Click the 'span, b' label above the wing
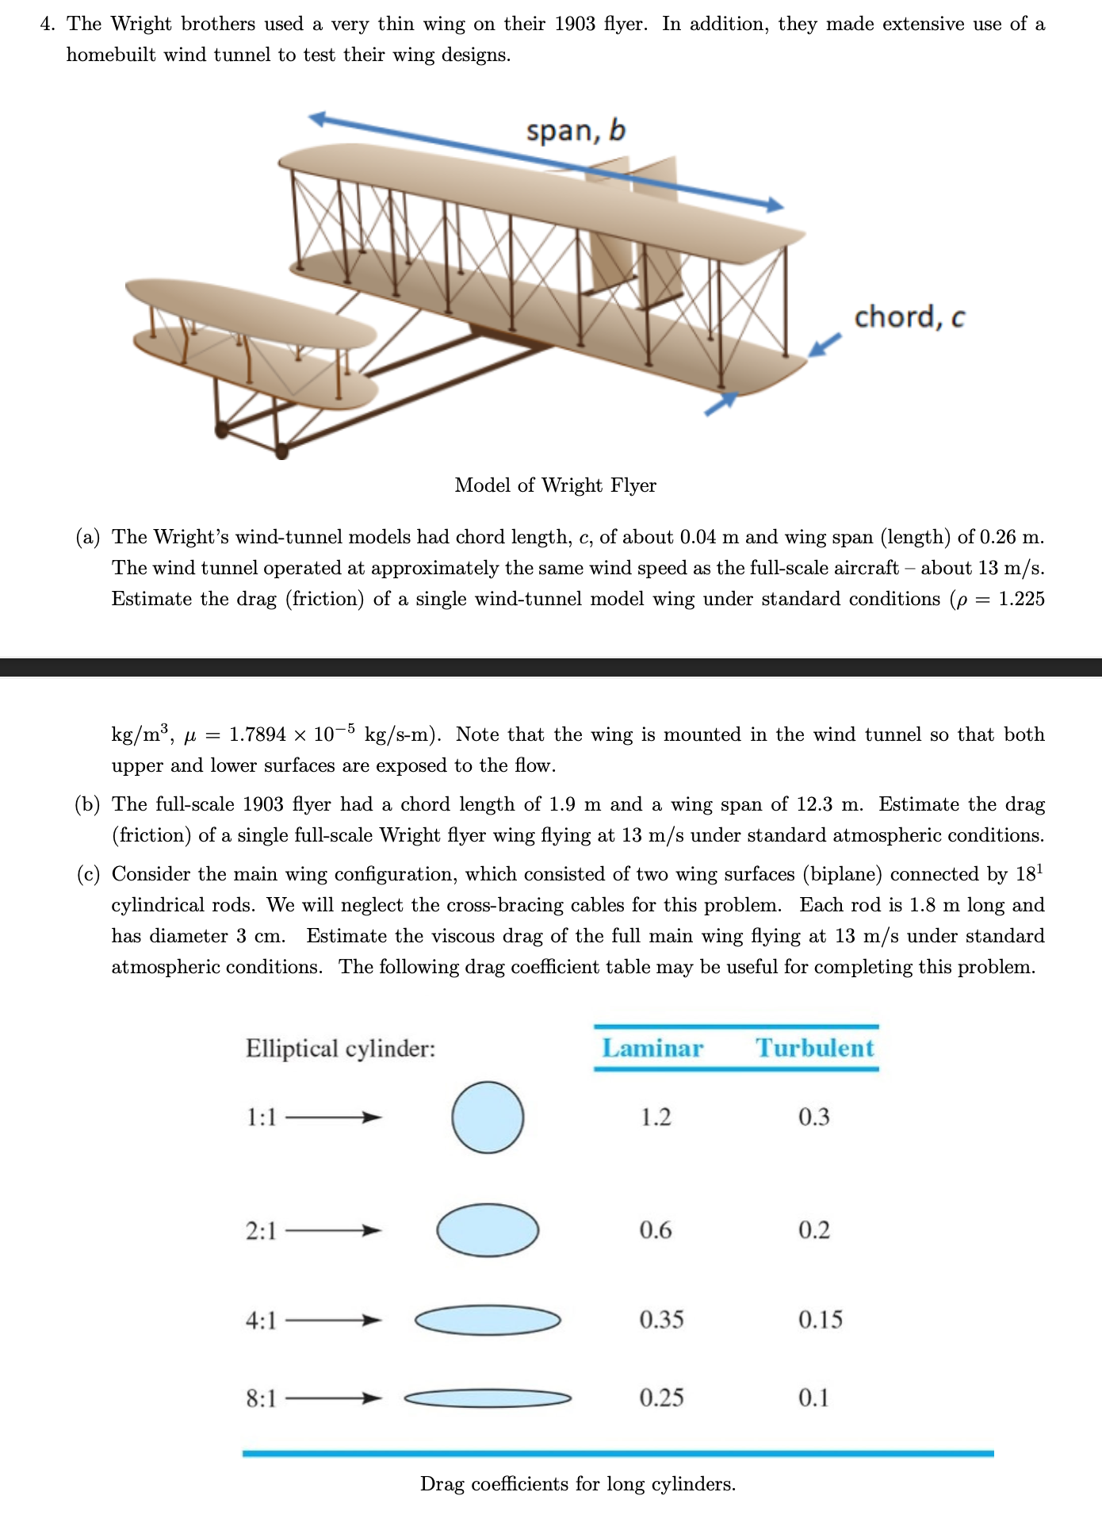[576, 131]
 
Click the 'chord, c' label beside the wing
[909, 317]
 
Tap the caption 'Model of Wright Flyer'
[555, 485]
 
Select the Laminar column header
[652, 1048]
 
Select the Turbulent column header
[814, 1048]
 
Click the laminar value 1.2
[656, 1117]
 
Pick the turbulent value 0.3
[813, 1117]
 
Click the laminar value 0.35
[661, 1319]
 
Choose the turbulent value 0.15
[820, 1319]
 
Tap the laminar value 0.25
[661, 1397]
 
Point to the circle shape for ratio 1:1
[488, 1117]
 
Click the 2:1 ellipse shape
[488, 1230]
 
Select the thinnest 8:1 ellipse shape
[488, 1398]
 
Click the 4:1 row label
[261, 1320]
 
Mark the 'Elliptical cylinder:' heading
[340, 1049]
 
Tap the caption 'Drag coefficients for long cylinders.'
[577, 1483]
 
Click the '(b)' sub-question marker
[87, 804]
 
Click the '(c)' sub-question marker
[87, 874]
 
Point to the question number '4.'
[48, 25]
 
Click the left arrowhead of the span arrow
[316, 118]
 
